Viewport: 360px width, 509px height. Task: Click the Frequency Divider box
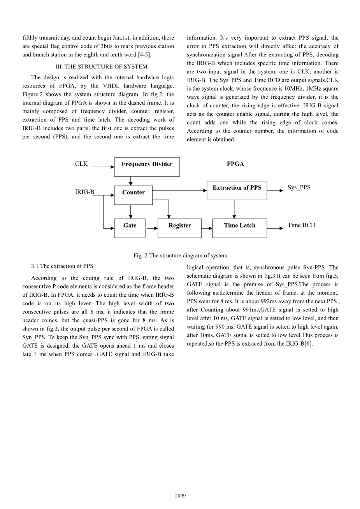click(x=147, y=167)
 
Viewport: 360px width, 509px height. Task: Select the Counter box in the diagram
click(x=133, y=195)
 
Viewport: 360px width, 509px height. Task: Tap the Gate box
click(x=130, y=228)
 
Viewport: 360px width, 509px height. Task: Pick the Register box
click(x=179, y=228)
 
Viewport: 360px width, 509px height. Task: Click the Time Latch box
click(x=239, y=228)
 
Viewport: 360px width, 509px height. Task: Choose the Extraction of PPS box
click(x=237, y=191)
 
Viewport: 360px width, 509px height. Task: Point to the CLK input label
click(x=81, y=164)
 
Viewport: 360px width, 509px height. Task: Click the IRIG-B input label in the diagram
click(x=84, y=192)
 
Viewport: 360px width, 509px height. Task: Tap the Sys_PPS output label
click(x=299, y=187)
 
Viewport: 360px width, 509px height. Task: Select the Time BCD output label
click(x=301, y=225)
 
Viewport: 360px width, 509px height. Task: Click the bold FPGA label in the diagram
click(x=235, y=164)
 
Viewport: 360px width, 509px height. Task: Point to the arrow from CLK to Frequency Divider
click(x=103, y=167)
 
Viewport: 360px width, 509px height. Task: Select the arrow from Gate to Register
click(x=151, y=228)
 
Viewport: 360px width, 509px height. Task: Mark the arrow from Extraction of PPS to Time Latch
click(x=234, y=209)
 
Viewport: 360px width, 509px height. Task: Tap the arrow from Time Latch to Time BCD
click(x=275, y=228)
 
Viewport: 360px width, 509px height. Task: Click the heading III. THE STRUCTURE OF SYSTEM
click(x=102, y=66)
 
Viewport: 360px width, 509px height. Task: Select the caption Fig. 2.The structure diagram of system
click(x=180, y=255)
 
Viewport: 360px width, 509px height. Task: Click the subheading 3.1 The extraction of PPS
click(x=62, y=266)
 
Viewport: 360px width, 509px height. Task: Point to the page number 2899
click(x=180, y=495)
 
